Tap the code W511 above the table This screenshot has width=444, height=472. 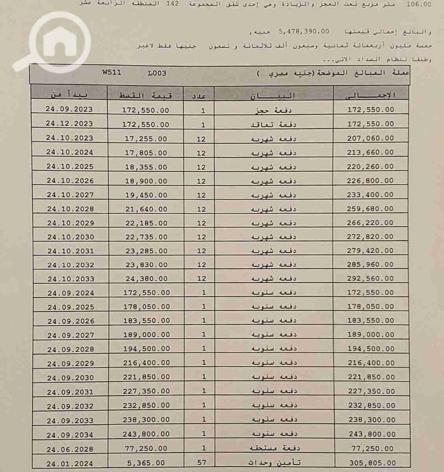pyautogui.click(x=112, y=73)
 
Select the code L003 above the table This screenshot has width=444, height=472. pyautogui.click(x=157, y=73)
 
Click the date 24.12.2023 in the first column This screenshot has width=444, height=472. pyautogui.click(x=69, y=124)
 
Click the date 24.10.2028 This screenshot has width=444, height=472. pyautogui.click(x=70, y=209)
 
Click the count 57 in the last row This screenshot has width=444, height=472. pyautogui.click(x=201, y=462)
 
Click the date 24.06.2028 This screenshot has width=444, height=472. pyautogui.click(x=70, y=448)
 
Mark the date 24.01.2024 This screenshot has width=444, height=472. pyautogui.click(x=70, y=462)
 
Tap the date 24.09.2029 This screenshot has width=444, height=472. pyautogui.click(x=70, y=364)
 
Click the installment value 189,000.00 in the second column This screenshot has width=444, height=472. pyautogui.click(x=145, y=335)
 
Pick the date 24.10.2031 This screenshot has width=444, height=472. pyautogui.click(x=70, y=251)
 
